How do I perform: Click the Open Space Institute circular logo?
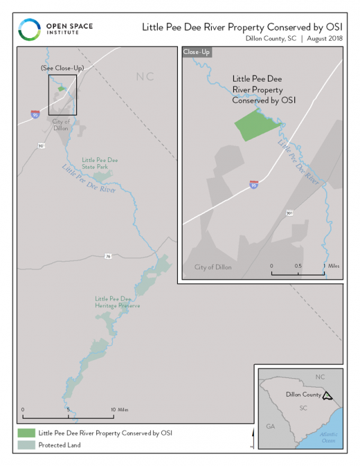click(x=28, y=30)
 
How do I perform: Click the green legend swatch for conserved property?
click(x=26, y=433)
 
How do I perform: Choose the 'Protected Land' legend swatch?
click(x=26, y=445)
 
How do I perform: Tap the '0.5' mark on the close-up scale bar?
click(x=297, y=266)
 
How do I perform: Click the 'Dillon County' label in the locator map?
click(x=303, y=395)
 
